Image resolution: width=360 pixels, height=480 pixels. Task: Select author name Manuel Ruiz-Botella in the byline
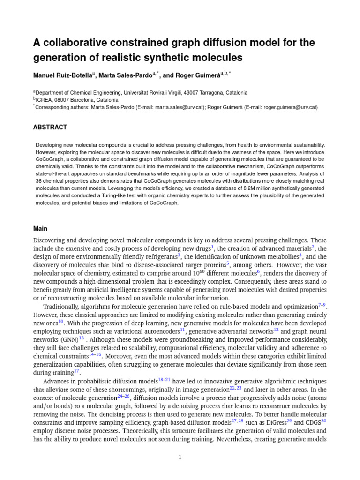click(62, 75)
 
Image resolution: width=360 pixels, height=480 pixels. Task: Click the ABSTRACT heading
click(50, 127)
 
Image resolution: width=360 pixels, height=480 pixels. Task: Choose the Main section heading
click(40, 229)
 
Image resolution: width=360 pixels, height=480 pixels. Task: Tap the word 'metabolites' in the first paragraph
click(283, 257)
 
